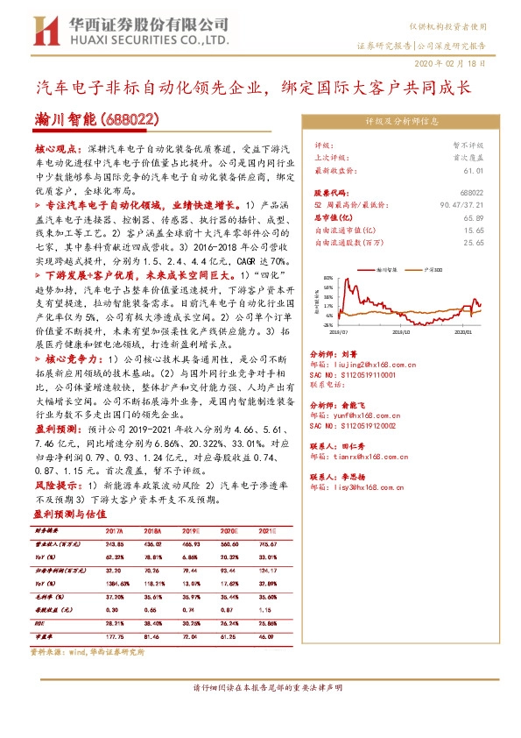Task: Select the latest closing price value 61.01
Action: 474,171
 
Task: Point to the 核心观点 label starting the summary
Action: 59,151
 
